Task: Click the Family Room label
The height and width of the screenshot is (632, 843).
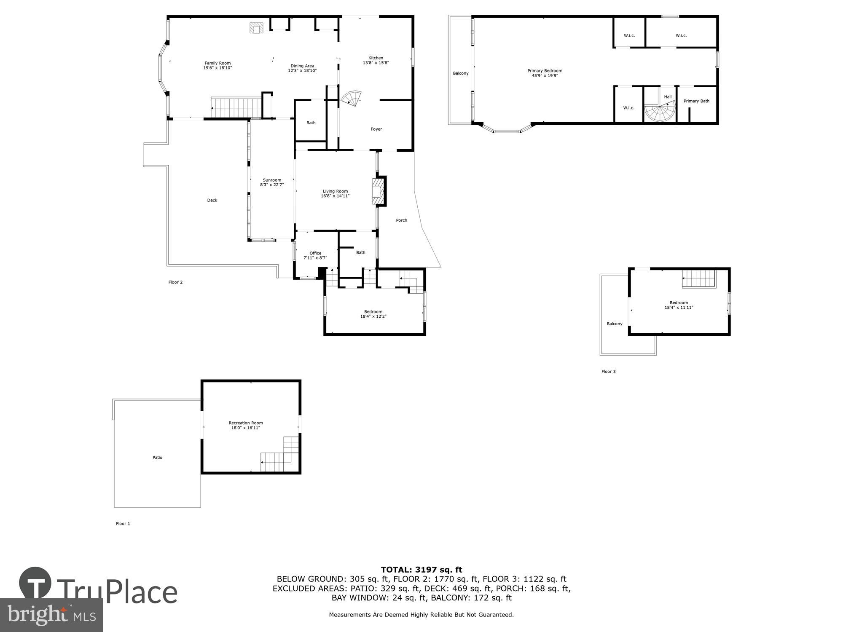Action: click(217, 65)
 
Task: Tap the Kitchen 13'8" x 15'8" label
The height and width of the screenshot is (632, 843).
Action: click(376, 60)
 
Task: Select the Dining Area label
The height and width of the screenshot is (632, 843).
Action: click(302, 68)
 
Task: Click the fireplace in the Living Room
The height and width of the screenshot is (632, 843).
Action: click(379, 191)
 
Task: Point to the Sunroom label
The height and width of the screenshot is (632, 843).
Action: click(272, 182)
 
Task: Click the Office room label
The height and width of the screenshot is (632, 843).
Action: click(315, 255)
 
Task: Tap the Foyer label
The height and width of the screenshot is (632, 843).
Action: click(376, 129)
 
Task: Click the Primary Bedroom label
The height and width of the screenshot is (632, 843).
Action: click(545, 73)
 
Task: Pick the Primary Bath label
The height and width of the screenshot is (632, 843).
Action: click(696, 101)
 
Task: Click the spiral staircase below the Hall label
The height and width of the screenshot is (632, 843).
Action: click(660, 113)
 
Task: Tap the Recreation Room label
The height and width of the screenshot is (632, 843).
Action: click(246, 425)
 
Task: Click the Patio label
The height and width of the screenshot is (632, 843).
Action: click(157, 458)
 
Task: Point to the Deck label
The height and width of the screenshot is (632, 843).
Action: click(212, 201)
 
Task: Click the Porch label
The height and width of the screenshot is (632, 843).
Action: click(401, 220)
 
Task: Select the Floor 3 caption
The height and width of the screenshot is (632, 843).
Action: click(608, 372)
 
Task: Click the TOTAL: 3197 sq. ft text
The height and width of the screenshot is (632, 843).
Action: click(421, 570)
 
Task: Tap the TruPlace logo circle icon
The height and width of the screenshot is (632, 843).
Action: click(35, 583)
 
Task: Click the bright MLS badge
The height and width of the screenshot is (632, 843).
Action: click(51, 615)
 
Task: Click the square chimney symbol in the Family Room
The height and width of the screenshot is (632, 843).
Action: click(256, 28)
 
